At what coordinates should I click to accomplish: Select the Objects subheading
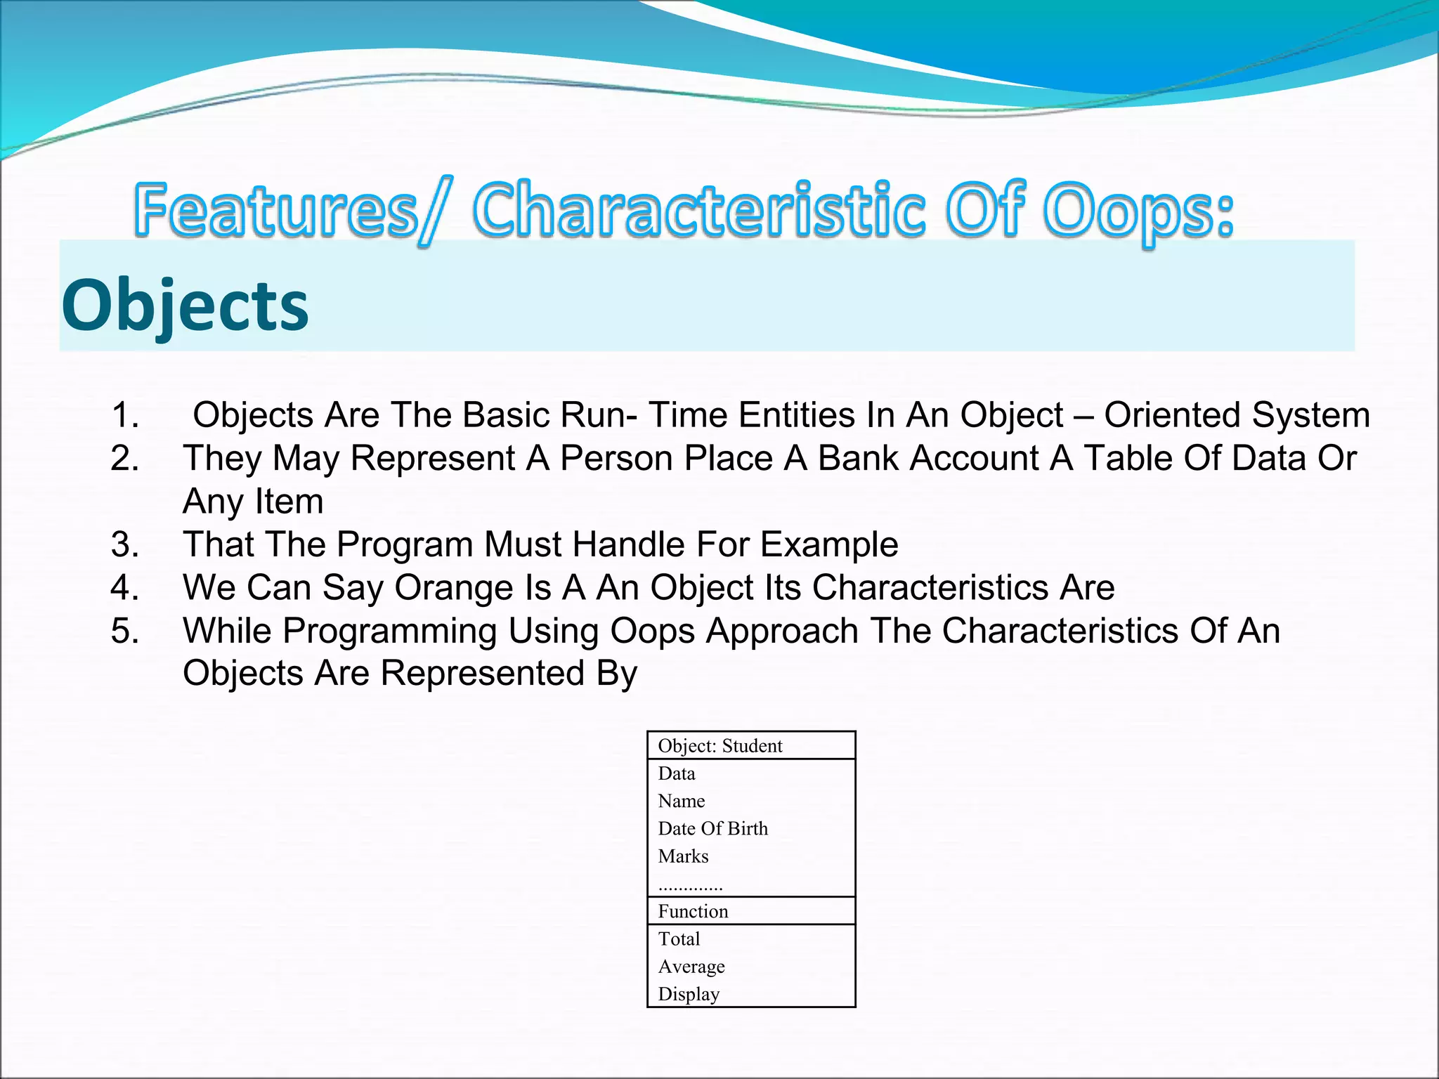[x=185, y=306]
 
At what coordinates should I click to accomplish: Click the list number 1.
[x=125, y=415]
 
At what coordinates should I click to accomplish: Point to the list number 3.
[x=125, y=544]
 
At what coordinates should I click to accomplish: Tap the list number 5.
[x=125, y=631]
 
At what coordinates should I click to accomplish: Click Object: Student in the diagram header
[x=719, y=746]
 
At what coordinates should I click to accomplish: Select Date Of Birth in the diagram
[x=712, y=829]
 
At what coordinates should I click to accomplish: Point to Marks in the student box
[x=683, y=856]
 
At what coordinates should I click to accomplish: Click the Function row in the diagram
[x=693, y=912]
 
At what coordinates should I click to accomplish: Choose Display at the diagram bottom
[x=689, y=995]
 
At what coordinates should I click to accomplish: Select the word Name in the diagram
[x=681, y=802]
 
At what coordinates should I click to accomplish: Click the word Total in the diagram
[x=679, y=939]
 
